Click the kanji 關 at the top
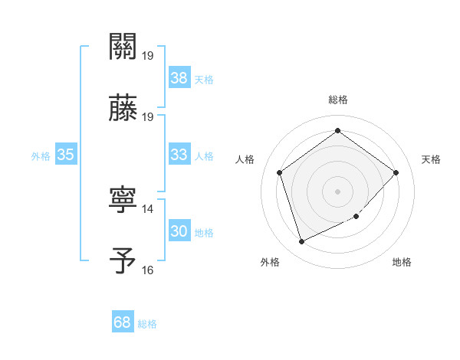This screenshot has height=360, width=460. pos(123,47)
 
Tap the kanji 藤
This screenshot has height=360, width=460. pos(123,109)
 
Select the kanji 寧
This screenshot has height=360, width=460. pos(123,201)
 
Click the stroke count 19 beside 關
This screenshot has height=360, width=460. pos(147,56)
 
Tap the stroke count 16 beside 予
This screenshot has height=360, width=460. pos(147,270)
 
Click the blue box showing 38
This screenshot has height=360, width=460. pos(179,78)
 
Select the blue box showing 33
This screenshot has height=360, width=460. pos(179,155)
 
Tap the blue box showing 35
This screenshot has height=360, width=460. pos(66,155)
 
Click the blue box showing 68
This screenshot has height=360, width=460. pos(123,322)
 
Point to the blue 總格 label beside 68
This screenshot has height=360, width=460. pos(147,324)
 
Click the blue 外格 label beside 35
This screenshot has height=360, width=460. pos(41,156)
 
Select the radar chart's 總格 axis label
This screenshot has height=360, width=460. pos(338,100)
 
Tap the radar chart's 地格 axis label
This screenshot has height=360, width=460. pos(402,262)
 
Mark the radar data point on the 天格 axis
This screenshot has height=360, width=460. pos(396,172)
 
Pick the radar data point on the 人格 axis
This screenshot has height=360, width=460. pos(280,172)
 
